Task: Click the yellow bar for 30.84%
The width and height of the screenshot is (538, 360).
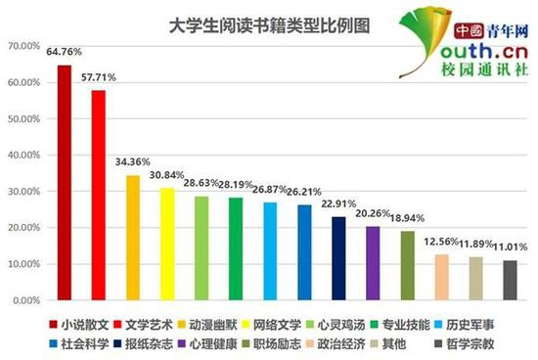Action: click(x=167, y=244)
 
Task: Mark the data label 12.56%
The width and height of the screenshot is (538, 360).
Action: click(x=440, y=242)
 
